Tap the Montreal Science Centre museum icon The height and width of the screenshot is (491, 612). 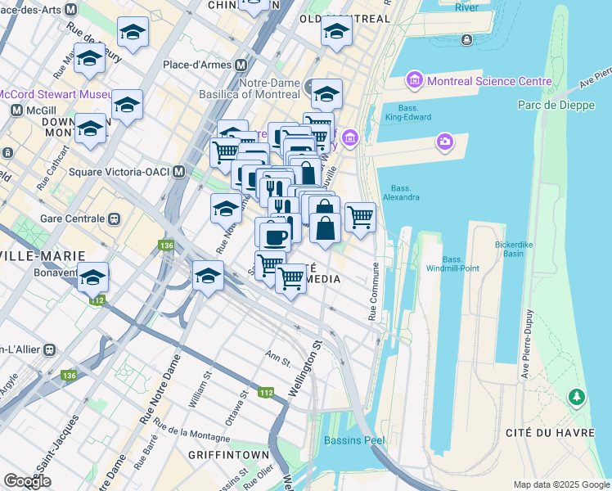click(x=414, y=81)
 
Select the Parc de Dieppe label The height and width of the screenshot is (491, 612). click(x=549, y=105)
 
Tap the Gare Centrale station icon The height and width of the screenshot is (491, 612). click(x=115, y=219)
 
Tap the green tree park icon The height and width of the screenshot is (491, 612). click(x=578, y=397)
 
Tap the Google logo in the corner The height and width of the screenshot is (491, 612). click(x=27, y=481)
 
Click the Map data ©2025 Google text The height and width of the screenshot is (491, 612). click(x=560, y=484)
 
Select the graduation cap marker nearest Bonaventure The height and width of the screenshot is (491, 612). click(x=93, y=277)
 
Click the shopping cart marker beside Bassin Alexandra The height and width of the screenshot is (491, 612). click(x=360, y=217)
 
